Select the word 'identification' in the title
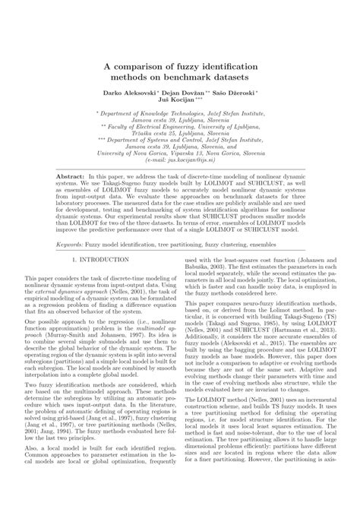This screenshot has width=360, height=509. (x=226, y=68)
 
